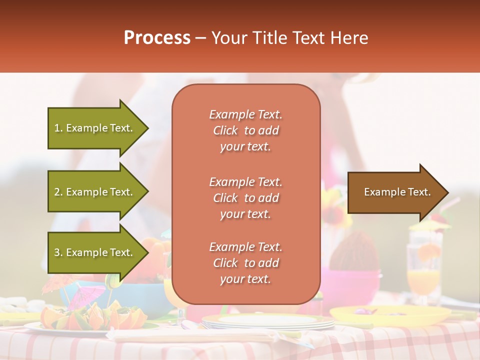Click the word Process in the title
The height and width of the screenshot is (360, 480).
click(x=157, y=38)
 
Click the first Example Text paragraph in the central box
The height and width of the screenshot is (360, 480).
click(x=245, y=130)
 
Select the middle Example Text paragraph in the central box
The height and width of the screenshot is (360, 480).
click(x=245, y=198)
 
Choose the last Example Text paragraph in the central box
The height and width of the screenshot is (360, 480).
click(x=245, y=263)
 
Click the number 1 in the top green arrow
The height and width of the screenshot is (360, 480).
click(x=57, y=128)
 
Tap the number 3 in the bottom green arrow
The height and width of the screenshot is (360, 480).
click(x=57, y=252)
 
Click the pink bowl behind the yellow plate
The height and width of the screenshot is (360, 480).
click(x=350, y=285)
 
